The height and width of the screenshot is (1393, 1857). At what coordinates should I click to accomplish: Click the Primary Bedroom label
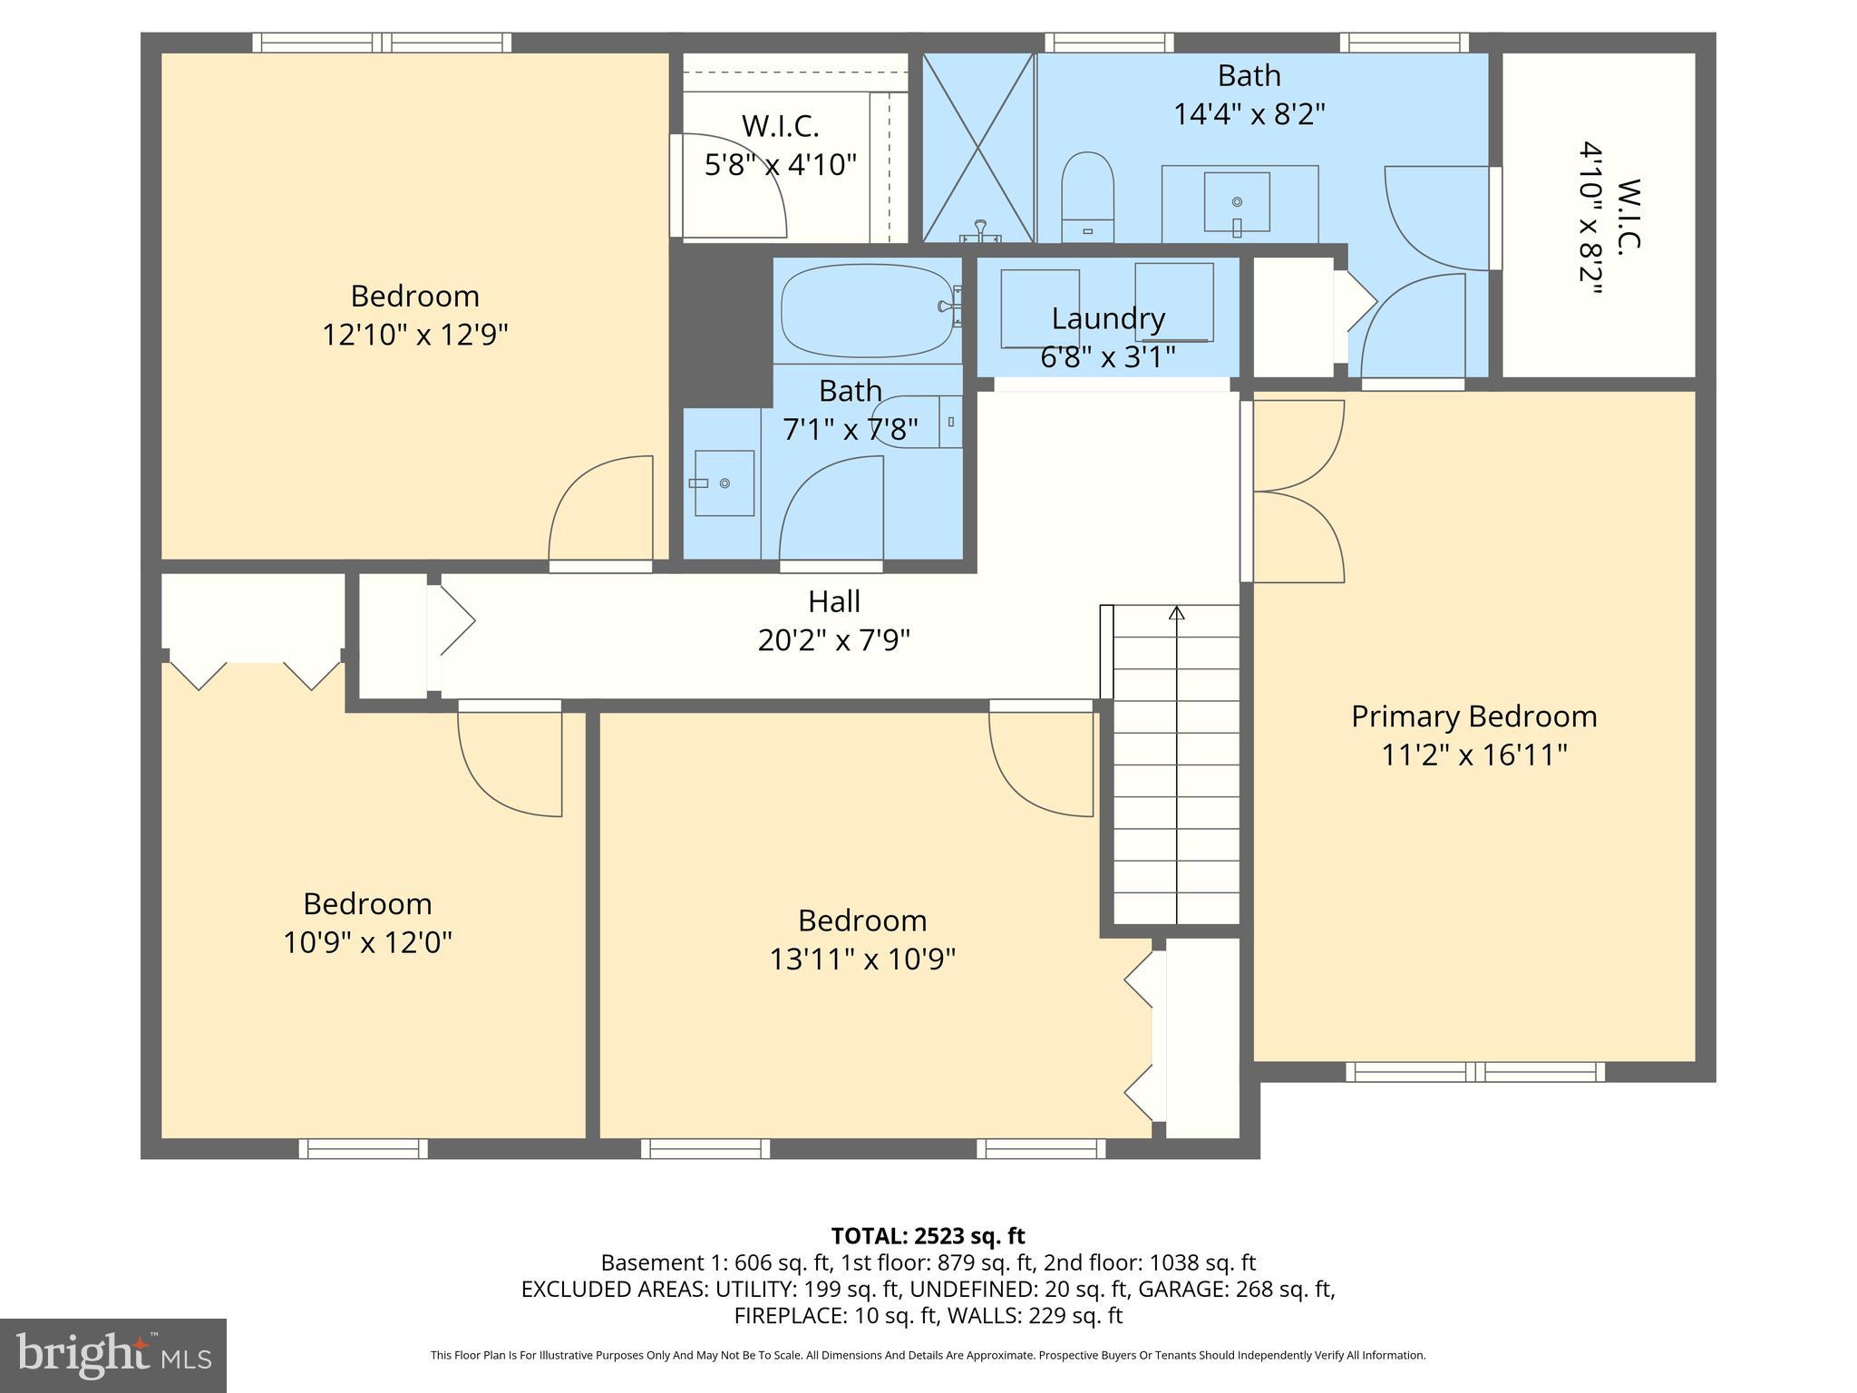click(x=1473, y=716)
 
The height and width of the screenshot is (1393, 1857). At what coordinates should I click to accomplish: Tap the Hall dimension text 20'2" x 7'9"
click(x=833, y=641)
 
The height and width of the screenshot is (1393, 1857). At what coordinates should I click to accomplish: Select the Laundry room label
click(x=1108, y=318)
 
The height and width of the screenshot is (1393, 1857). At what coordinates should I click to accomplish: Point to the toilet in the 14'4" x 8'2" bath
click(x=1087, y=198)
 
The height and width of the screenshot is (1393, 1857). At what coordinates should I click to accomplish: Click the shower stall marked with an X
click(x=978, y=148)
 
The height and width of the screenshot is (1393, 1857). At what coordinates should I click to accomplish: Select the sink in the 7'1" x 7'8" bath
click(x=724, y=483)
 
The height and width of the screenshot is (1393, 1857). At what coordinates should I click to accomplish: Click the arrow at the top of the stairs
click(x=1176, y=613)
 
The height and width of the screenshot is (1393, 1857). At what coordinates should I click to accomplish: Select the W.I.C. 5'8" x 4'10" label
click(x=781, y=145)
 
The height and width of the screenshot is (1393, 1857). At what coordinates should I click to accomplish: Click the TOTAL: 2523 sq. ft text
click(x=928, y=1236)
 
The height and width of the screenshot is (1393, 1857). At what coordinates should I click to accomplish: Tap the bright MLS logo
click(x=112, y=1356)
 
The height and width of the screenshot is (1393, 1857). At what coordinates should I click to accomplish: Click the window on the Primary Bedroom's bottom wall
click(x=1474, y=1072)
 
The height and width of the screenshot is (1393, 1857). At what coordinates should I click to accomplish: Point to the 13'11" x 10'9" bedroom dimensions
click(x=862, y=960)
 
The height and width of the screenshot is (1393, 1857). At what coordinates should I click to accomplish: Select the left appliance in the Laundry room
click(x=1040, y=308)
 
